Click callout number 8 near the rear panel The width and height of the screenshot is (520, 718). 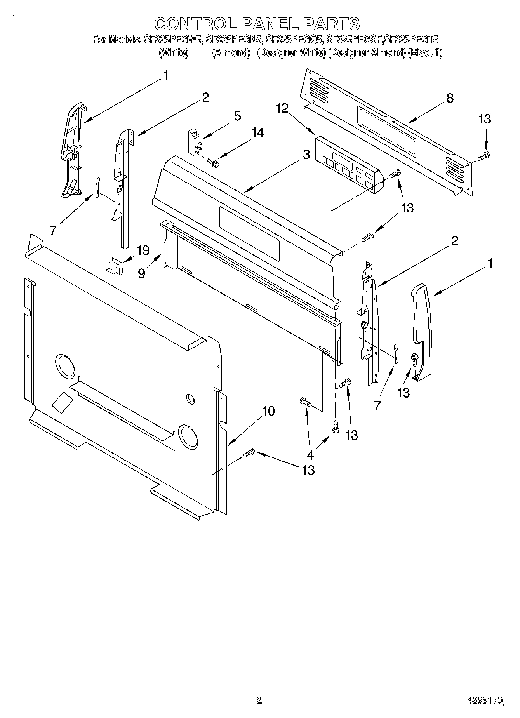[450, 98]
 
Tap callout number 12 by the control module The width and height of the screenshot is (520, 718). [282, 108]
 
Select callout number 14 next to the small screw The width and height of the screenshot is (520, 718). [257, 133]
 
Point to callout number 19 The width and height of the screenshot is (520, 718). [143, 250]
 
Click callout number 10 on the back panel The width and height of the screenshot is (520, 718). [268, 411]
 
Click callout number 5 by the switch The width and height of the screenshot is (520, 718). [237, 116]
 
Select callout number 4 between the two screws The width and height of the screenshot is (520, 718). [310, 455]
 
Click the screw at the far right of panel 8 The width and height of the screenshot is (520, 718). [484, 156]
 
